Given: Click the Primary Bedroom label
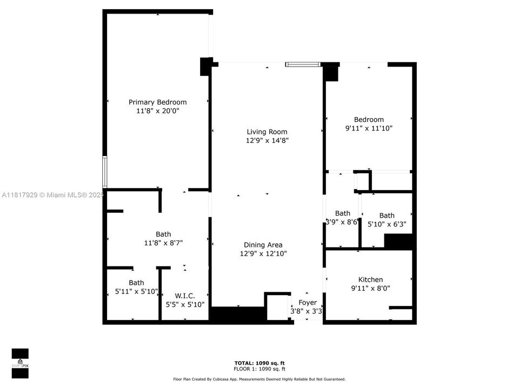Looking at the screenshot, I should (x=157, y=102).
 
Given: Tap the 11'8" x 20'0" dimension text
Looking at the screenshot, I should (x=157, y=111).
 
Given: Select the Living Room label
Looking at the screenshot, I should (x=267, y=132).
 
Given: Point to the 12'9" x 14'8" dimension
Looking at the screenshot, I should (x=267, y=141).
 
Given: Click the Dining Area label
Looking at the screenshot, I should (x=263, y=245).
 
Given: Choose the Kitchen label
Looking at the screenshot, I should (x=370, y=279).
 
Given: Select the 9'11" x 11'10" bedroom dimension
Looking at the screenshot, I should (x=369, y=129).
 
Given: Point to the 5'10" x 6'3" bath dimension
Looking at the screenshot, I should (x=387, y=224).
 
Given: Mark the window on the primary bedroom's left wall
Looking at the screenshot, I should (x=105, y=172).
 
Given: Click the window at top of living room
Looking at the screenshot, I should (x=303, y=64).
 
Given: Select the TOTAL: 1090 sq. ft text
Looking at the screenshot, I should (x=259, y=362).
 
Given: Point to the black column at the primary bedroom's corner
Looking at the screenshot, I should (x=205, y=66).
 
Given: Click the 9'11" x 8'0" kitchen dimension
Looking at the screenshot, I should (x=370, y=289).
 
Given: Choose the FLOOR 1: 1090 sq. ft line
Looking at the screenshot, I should (x=259, y=368).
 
